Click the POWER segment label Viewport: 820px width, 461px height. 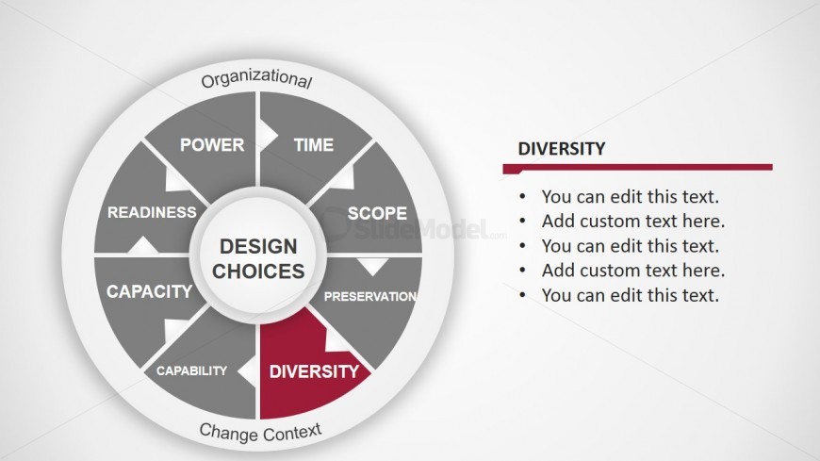[212, 145]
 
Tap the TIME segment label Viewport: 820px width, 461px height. [314, 145]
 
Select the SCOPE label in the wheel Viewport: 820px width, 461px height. [377, 213]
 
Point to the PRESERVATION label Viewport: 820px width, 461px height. [370, 297]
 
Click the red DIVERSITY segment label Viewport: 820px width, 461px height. [314, 371]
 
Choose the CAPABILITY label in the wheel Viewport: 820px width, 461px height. [192, 370]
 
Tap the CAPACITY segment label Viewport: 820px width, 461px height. [150, 291]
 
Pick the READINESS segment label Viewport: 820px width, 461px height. [152, 212]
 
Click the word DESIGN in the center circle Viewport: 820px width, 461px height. [258, 246]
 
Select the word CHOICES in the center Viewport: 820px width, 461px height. [258, 272]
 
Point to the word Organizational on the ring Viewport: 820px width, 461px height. [256, 78]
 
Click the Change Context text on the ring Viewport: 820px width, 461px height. [260, 433]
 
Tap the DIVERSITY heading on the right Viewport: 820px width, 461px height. [562, 149]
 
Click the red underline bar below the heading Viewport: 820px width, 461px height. [637, 168]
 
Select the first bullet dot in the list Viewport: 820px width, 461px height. [522, 197]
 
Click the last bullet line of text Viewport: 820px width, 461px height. [631, 295]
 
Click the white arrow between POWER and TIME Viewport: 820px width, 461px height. [269, 136]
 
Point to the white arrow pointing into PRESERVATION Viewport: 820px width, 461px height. [373, 267]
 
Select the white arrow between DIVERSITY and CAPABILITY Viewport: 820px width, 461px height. [247, 371]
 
